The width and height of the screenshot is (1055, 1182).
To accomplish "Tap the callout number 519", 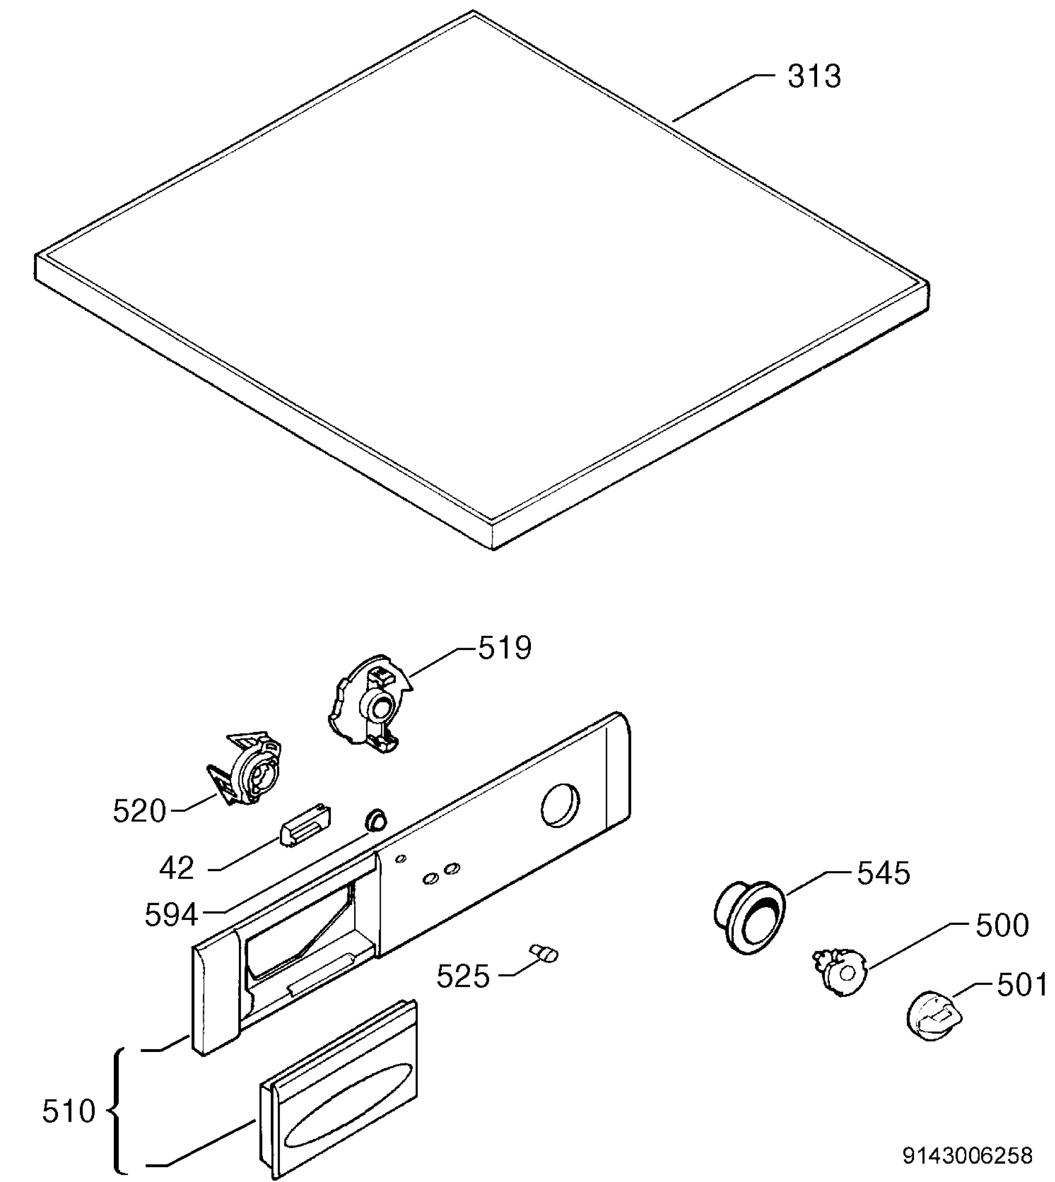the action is tap(504, 648).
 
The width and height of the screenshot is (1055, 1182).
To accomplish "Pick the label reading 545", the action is tap(884, 889).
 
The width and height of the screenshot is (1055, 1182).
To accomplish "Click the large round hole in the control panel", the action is tap(560, 805).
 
